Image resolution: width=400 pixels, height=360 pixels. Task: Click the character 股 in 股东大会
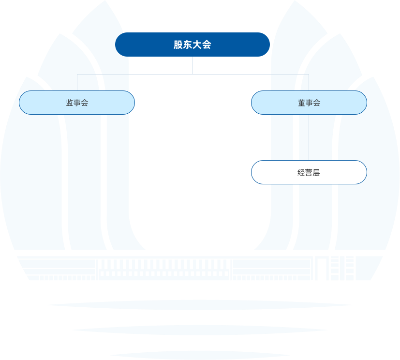pos(178,45)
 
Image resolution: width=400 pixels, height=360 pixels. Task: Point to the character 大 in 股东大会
pos(197,45)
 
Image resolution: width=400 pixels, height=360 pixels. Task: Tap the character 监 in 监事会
pos(70,103)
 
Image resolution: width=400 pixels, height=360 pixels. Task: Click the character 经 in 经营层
pos(301,173)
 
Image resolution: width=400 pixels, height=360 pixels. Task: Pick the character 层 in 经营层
pos(316,173)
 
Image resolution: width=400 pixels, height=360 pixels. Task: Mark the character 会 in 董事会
pos(316,103)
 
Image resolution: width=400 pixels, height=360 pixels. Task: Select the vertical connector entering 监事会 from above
pos(77,82)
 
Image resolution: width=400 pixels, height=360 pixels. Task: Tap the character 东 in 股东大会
pos(188,45)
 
